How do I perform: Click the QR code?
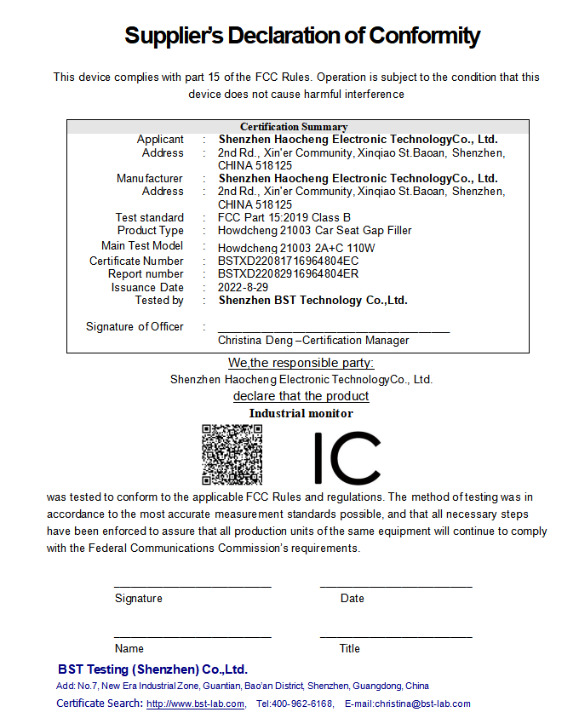point(232,454)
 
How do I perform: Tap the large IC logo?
point(347,458)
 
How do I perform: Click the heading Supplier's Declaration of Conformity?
point(302,36)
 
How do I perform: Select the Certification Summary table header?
point(294,127)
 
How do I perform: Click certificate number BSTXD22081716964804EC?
point(288,261)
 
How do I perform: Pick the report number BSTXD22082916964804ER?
point(288,274)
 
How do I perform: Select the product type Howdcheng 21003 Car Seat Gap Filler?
point(314,230)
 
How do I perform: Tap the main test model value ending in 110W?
point(296,248)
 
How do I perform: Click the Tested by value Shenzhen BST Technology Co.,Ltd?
point(312,300)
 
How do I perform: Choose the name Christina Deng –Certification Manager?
point(312,341)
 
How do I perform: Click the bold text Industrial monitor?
point(301,413)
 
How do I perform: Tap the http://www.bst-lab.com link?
point(195,704)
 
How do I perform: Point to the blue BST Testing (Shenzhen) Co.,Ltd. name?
point(152,669)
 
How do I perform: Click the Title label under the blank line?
point(349,648)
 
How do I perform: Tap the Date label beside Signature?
point(352,598)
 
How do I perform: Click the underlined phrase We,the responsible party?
point(301,364)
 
